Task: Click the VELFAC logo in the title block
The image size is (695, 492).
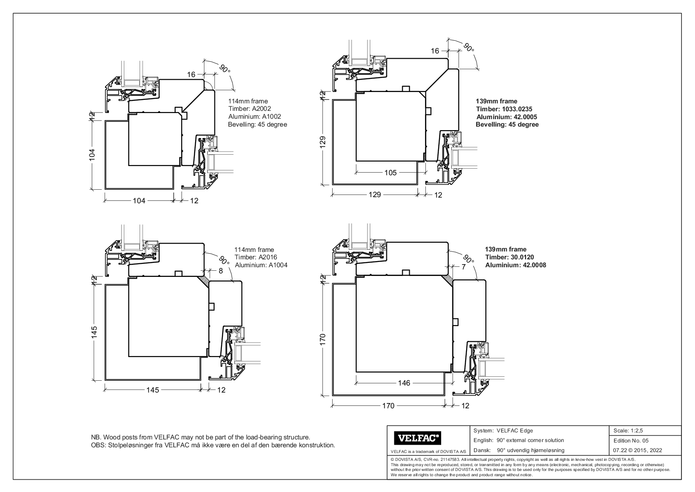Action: coord(418,438)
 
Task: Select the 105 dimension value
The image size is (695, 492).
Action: coord(390,173)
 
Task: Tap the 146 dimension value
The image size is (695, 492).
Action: coord(404,383)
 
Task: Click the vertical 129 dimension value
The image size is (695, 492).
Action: coord(323,143)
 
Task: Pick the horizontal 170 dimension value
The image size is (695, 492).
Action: coord(388,406)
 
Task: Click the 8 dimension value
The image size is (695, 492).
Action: coord(221,271)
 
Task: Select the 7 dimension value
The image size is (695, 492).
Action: coord(463,267)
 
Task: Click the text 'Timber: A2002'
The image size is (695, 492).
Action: coord(247,109)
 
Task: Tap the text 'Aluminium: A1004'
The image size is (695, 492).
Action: coord(261,265)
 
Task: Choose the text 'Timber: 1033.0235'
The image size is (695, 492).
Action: coord(504,109)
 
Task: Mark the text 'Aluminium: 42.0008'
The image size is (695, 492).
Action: coord(515,265)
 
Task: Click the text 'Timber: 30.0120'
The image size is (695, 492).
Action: coord(509,257)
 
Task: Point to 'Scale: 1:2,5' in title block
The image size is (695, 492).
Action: coord(628,431)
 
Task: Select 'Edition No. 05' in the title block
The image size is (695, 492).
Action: coord(631,440)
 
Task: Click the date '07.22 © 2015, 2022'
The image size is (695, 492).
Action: coord(638,450)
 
